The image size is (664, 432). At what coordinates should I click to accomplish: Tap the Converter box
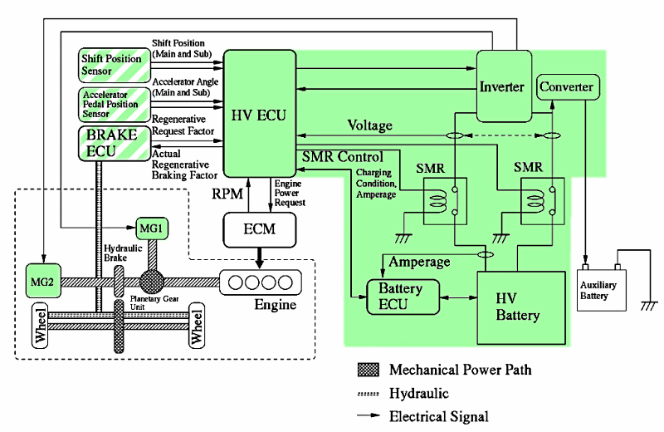(x=567, y=86)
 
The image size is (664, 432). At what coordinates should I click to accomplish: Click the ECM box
(x=260, y=228)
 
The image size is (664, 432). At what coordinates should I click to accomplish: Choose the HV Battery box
(x=517, y=307)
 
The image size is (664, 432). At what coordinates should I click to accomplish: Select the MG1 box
(x=151, y=227)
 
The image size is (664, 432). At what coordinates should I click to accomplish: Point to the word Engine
(x=275, y=305)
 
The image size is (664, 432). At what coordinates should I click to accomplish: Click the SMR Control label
(x=343, y=157)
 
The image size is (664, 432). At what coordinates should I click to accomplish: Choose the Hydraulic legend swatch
(x=369, y=393)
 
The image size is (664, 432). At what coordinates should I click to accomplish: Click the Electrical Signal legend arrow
(x=369, y=416)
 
